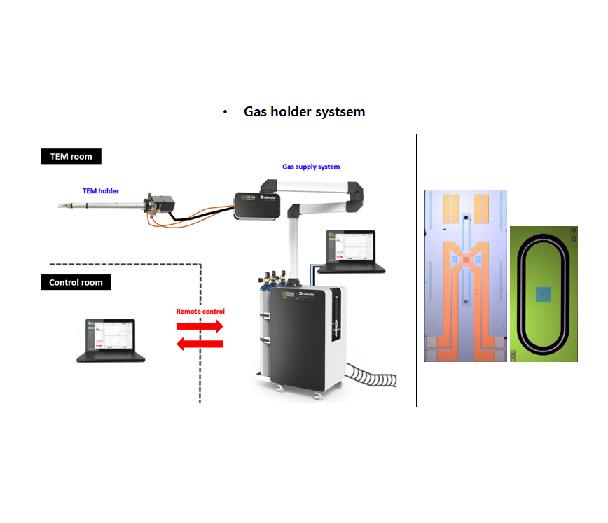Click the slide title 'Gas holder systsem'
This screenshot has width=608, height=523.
pos(304,112)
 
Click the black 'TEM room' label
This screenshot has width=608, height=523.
pos(71,156)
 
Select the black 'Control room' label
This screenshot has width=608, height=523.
pos(76,283)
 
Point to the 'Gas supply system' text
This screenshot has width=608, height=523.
pos(311,167)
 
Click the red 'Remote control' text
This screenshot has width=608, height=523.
pos(200,311)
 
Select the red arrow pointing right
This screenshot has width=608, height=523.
pos(200,326)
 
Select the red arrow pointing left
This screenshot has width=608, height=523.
pos(200,343)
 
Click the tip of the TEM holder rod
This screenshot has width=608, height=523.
pos(60,207)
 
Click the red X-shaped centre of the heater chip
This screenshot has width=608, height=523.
pos(465,260)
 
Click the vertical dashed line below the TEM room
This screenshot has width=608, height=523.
pos(201,336)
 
